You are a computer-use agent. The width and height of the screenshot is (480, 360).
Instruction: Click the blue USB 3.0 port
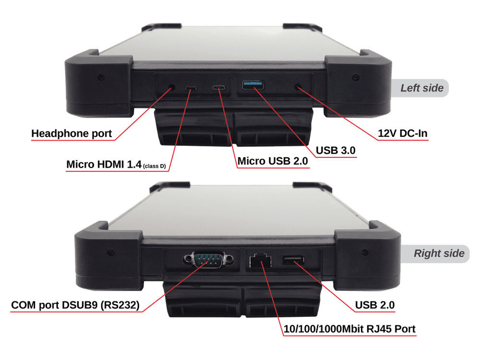point(253,85)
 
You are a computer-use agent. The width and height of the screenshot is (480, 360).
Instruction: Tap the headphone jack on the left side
point(172,87)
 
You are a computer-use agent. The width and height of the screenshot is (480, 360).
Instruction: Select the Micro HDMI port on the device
point(191,88)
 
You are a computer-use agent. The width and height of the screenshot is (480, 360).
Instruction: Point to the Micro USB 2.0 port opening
point(219,88)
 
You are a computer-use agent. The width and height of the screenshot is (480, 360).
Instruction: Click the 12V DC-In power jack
point(297,87)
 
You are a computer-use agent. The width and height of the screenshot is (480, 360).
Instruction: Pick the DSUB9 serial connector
point(208,260)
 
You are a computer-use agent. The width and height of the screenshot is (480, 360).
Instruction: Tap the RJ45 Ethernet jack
point(260,261)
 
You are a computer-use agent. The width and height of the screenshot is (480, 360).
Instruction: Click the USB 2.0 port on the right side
point(293,260)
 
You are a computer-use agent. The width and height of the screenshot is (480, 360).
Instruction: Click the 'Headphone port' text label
point(72,133)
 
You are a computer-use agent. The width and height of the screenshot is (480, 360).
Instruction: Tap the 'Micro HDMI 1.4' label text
point(104,164)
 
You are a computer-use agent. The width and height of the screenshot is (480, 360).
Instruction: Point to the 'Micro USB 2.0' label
point(273,161)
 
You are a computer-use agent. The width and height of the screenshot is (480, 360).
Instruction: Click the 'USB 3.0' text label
point(336,150)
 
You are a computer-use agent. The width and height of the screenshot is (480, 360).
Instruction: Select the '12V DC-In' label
point(403,133)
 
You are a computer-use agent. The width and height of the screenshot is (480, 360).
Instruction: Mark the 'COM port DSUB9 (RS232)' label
point(75,305)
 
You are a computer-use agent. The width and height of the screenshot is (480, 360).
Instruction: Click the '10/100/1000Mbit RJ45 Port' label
point(349,329)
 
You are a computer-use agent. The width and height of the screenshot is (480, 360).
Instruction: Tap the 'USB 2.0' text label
point(375,305)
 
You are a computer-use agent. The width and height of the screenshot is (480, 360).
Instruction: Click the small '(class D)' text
point(155,166)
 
